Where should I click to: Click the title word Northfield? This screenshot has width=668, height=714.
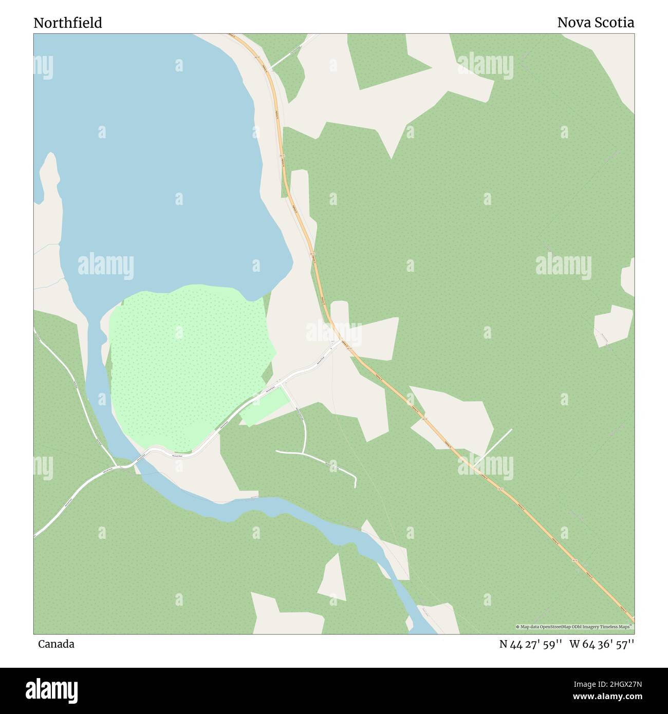[68, 23]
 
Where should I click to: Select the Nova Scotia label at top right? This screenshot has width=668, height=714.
[596, 23]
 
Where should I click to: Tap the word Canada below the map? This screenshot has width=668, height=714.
[56, 644]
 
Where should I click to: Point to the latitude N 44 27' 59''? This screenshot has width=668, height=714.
[531, 644]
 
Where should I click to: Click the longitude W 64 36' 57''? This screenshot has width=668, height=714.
[605, 644]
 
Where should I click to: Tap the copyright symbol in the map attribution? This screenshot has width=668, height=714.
[518, 627]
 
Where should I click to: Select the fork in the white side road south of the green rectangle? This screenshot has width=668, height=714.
[304, 453]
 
